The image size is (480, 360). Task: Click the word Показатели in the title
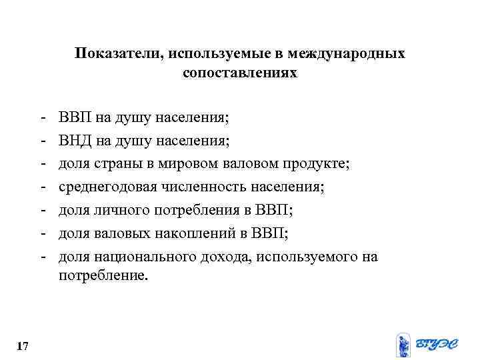(x=113, y=53)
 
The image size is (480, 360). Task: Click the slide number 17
(x=21, y=347)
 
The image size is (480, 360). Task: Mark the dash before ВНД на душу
(x=42, y=141)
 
